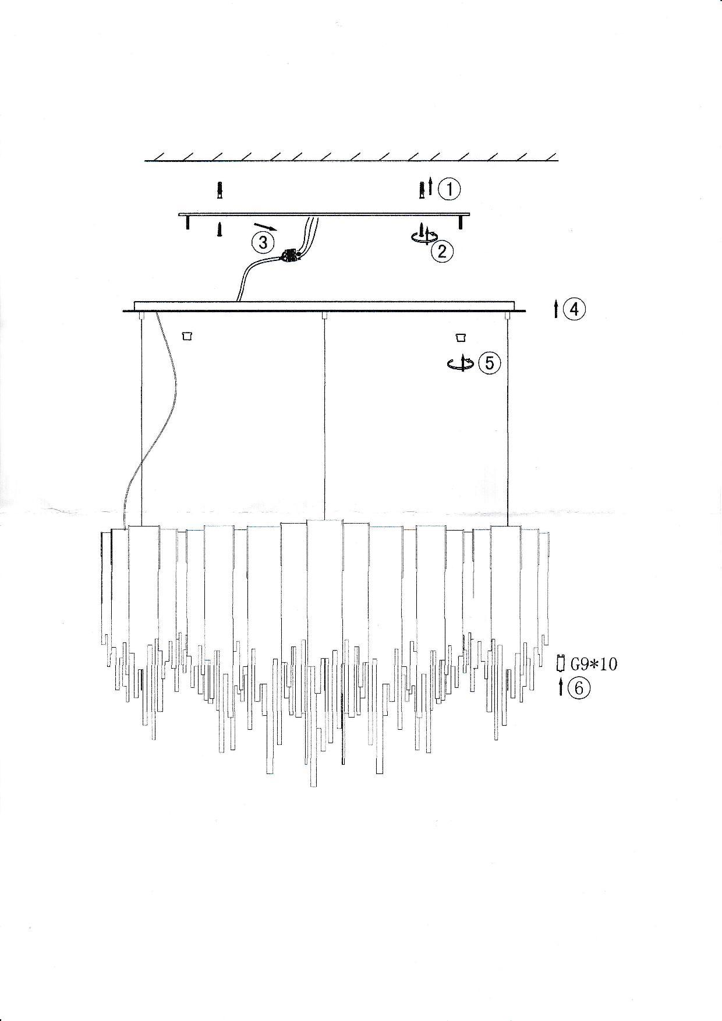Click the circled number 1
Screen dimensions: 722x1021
click(x=449, y=189)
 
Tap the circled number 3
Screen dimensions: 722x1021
click(x=263, y=242)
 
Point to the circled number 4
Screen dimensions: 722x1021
click(x=574, y=309)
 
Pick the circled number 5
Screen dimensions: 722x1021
click(x=489, y=363)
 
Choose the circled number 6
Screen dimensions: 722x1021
click(x=579, y=688)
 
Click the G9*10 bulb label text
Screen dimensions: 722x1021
click(x=593, y=663)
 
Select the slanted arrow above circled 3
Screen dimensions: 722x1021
click(x=266, y=226)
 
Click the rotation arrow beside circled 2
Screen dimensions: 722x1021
click(x=424, y=233)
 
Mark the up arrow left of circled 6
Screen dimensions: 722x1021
click(x=561, y=687)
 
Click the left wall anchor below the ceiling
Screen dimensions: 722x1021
click(x=219, y=190)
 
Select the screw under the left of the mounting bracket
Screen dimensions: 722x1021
click(x=220, y=229)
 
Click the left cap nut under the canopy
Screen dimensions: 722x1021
click(x=187, y=336)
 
